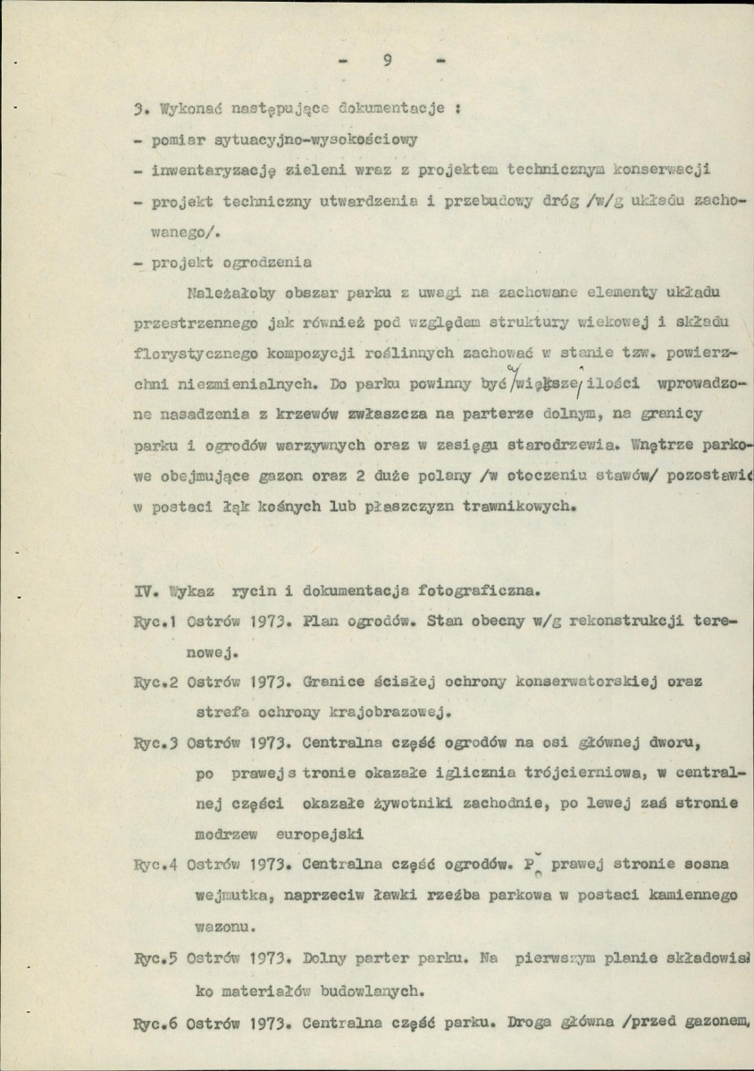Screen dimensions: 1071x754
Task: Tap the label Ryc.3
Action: pos(158,741)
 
